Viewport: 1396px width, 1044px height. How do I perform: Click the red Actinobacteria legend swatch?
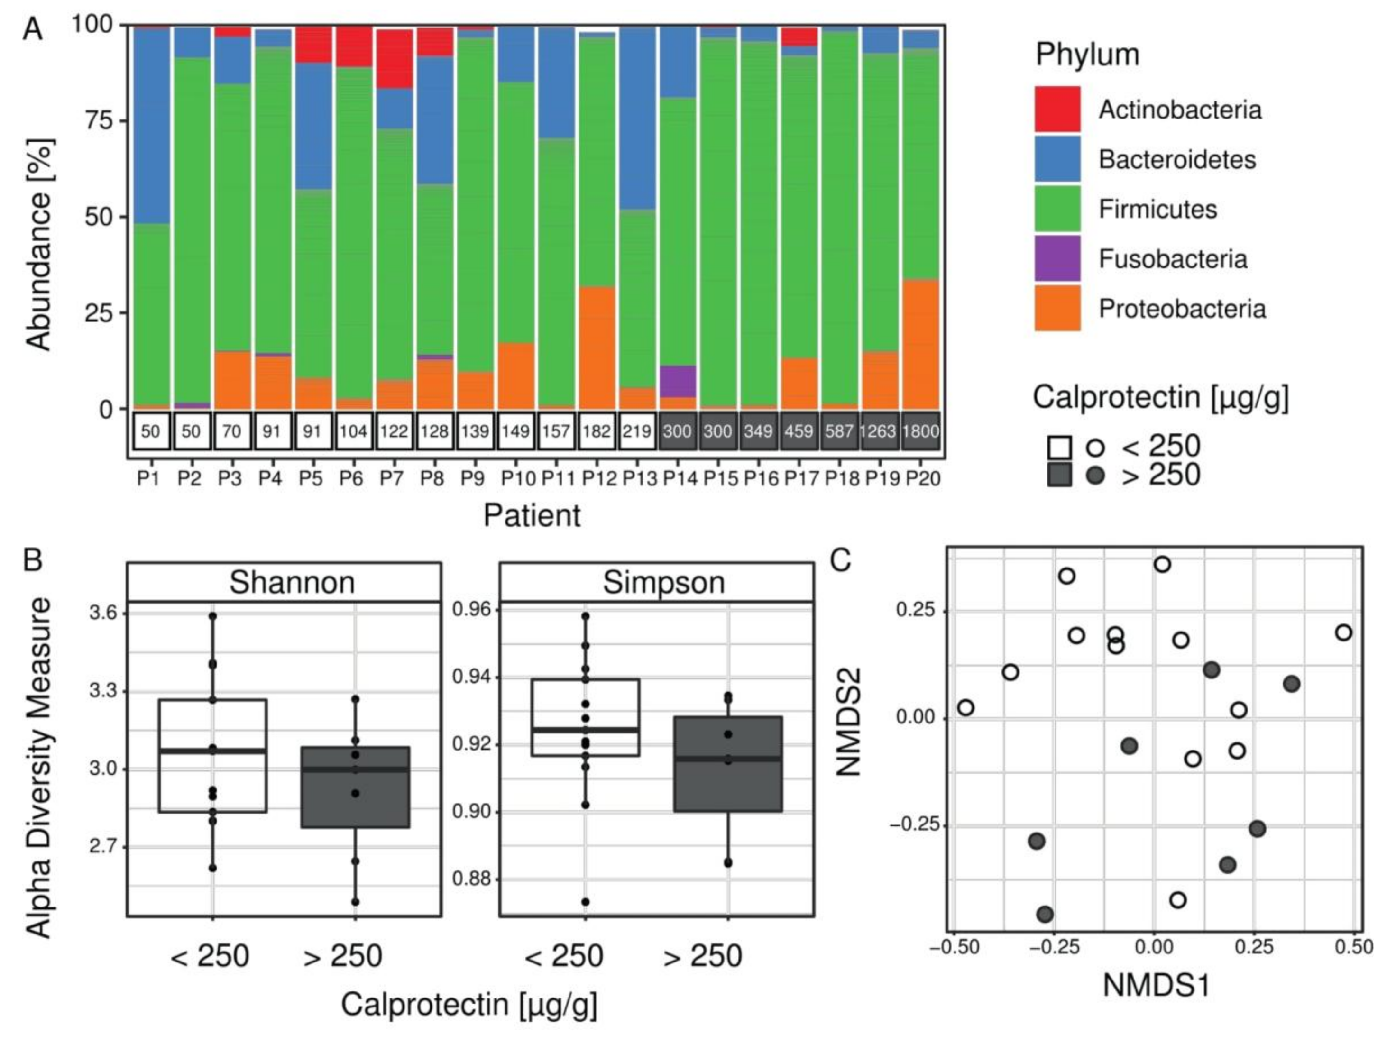coord(1057,109)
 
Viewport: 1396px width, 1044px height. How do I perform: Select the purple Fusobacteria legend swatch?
coord(1057,258)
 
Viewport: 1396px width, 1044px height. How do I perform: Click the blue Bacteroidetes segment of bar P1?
coord(151,126)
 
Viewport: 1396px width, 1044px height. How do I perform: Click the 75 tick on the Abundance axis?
coord(99,120)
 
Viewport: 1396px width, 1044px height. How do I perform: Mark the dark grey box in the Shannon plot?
coord(355,787)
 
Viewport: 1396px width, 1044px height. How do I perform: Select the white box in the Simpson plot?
coord(585,717)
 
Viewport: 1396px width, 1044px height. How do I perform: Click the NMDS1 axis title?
coord(1156,985)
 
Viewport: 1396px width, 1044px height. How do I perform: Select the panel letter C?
coord(841,560)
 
